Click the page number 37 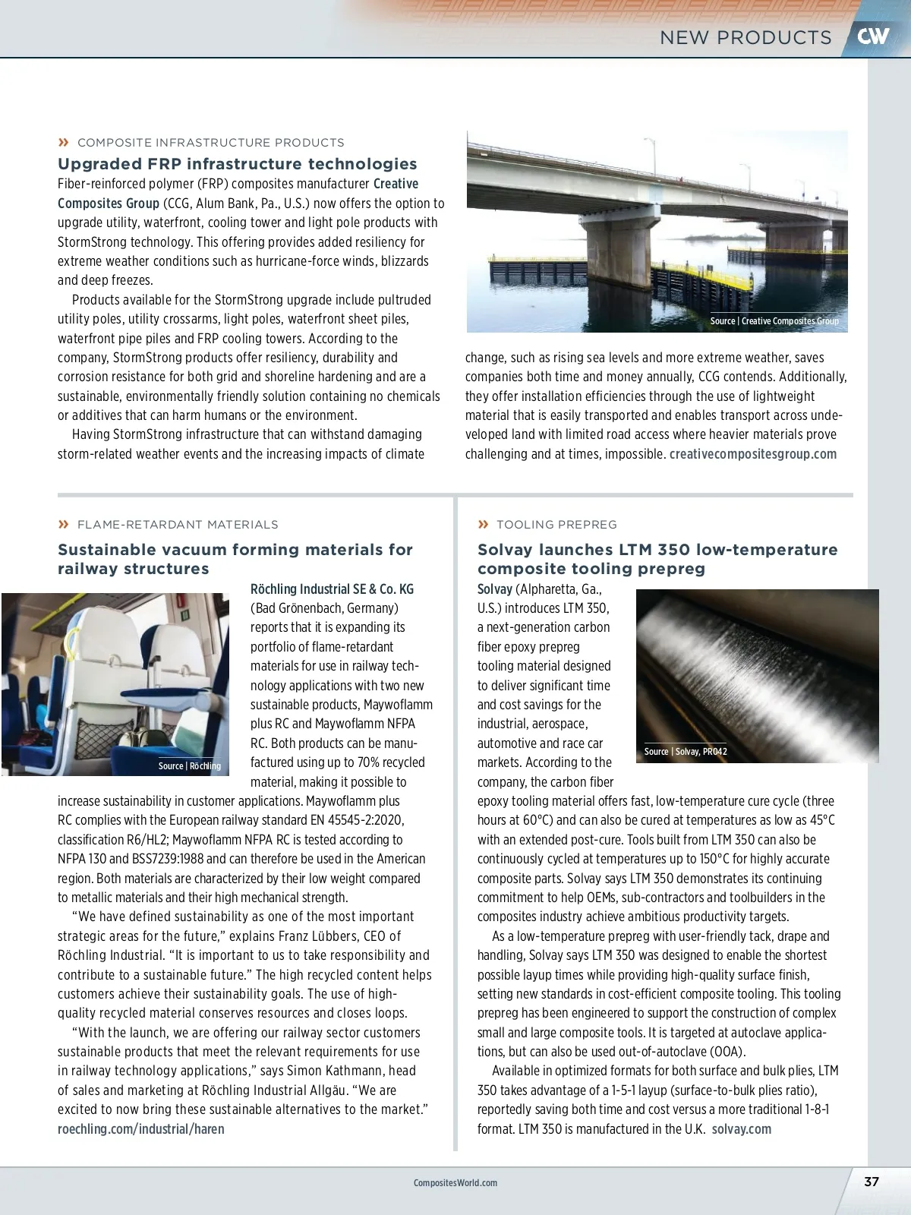coord(872,1182)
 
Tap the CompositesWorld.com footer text coord(455,1182)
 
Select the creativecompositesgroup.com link coord(753,454)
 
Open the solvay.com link coord(742,1129)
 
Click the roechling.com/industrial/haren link coord(141,1129)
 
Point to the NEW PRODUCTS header coord(746,37)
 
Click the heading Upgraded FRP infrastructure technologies coord(238,164)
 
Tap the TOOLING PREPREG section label coord(556,525)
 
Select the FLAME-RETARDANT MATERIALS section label coord(178,525)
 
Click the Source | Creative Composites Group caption coord(774,321)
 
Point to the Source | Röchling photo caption coord(190,766)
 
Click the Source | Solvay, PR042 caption coord(686,752)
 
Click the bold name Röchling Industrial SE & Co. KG coord(333,589)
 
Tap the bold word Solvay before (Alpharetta coord(495,589)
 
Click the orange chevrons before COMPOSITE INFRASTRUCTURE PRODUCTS coord(64,143)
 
